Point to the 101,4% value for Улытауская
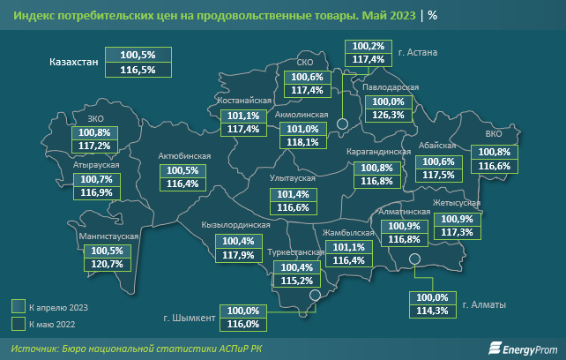click(x=293, y=194)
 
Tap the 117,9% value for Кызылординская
click(x=238, y=256)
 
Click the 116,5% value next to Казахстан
click(x=137, y=70)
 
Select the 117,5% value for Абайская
click(x=438, y=175)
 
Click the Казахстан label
click(x=75, y=62)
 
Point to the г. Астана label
click(x=421, y=52)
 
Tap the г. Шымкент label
click(x=190, y=318)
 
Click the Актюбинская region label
click(x=184, y=156)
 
